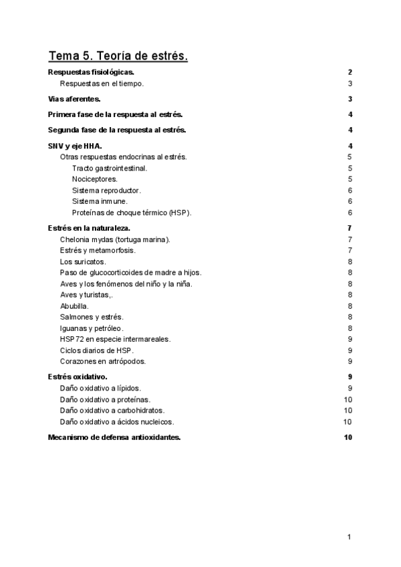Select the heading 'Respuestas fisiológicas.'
click(92, 72)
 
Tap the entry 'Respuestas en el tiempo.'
click(102, 84)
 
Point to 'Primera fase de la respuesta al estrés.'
click(116, 114)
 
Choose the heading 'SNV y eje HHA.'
click(75, 146)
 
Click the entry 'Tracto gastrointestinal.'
click(110, 168)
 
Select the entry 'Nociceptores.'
click(94, 179)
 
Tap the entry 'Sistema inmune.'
click(100, 201)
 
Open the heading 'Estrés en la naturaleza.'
click(89, 228)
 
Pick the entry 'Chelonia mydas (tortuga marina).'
click(115, 239)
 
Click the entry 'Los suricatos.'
click(83, 261)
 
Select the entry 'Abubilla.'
click(74, 306)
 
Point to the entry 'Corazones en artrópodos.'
click(102, 361)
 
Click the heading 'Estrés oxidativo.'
click(78, 376)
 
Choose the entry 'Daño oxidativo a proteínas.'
click(104, 399)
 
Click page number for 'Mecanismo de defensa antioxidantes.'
click(348, 437)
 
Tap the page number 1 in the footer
click(350, 537)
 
